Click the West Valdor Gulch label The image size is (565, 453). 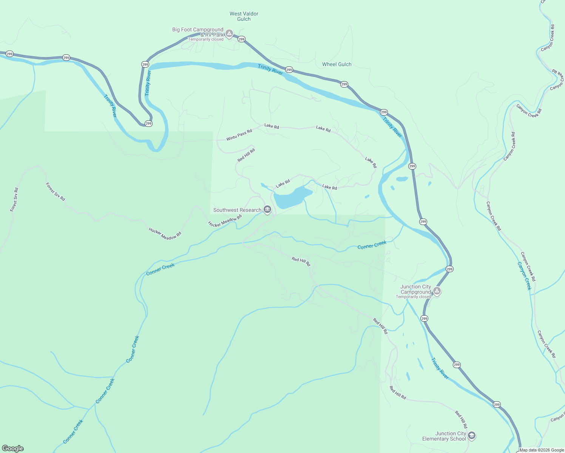[244, 16]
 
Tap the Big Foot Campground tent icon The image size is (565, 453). [229, 34]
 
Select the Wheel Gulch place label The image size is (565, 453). [337, 64]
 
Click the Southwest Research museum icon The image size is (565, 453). [267, 210]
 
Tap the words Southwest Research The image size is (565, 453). [237, 210]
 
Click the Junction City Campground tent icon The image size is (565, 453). [437, 291]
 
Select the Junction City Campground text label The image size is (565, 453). [415, 289]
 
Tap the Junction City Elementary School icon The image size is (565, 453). [471, 436]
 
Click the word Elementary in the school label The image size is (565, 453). [435, 439]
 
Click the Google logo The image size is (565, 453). [13, 448]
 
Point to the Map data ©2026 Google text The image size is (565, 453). [542, 450]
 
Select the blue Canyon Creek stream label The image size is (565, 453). [524, 276]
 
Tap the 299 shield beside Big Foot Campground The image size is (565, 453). [242, 39]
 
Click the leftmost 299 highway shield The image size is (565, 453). [9, 54]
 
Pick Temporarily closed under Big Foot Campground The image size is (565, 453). [206, 39]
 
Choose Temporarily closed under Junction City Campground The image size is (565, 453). [413, 297]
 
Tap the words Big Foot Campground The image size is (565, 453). [198, 29]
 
